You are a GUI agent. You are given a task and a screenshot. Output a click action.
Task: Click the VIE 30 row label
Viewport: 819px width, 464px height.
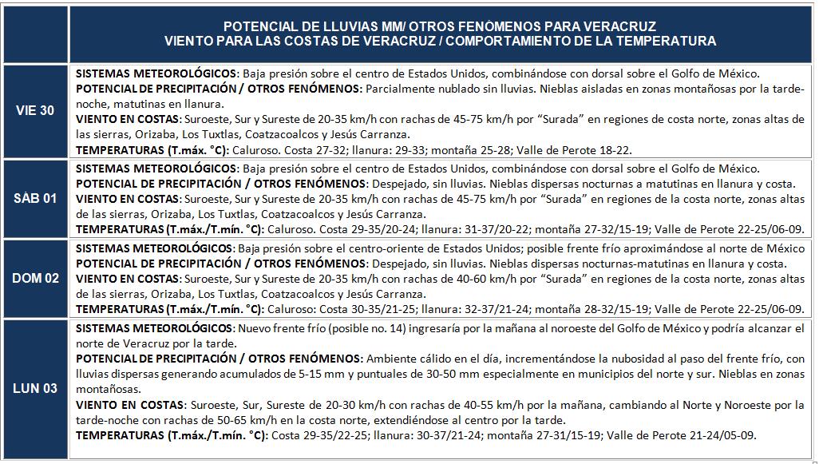[x=35, y=110]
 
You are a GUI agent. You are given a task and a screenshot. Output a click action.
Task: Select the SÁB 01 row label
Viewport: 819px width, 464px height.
[x=35, y=198]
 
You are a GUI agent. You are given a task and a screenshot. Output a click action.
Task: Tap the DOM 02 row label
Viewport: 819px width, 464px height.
[x=35, y=279]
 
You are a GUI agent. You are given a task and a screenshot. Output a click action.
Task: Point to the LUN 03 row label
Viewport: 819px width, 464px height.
[x=35, y=389]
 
